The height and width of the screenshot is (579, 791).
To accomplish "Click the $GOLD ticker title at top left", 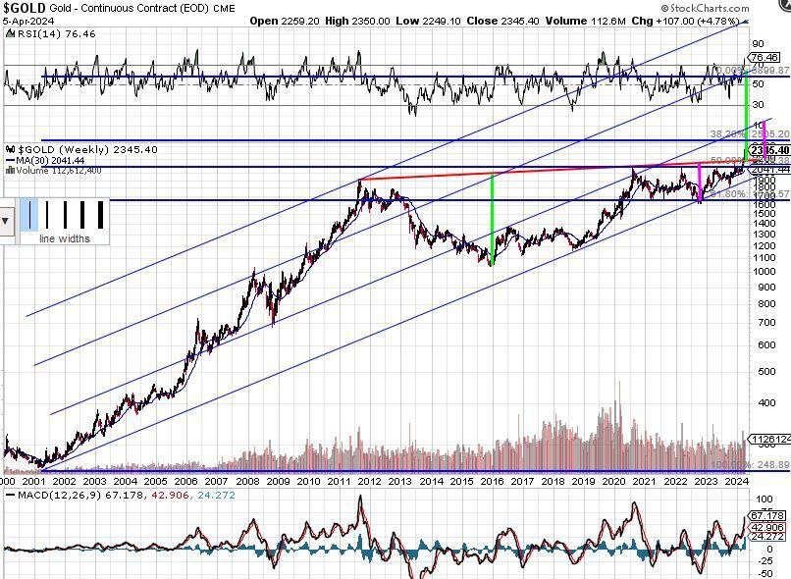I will [x=26, y=8].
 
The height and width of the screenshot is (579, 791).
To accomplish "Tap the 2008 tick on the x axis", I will [x=248, y=481].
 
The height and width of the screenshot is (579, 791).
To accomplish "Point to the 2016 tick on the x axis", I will [x=492, y=481].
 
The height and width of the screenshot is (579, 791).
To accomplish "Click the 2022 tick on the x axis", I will [x=674, y=481].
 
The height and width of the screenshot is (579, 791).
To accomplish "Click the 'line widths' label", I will [x=64, y=238].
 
